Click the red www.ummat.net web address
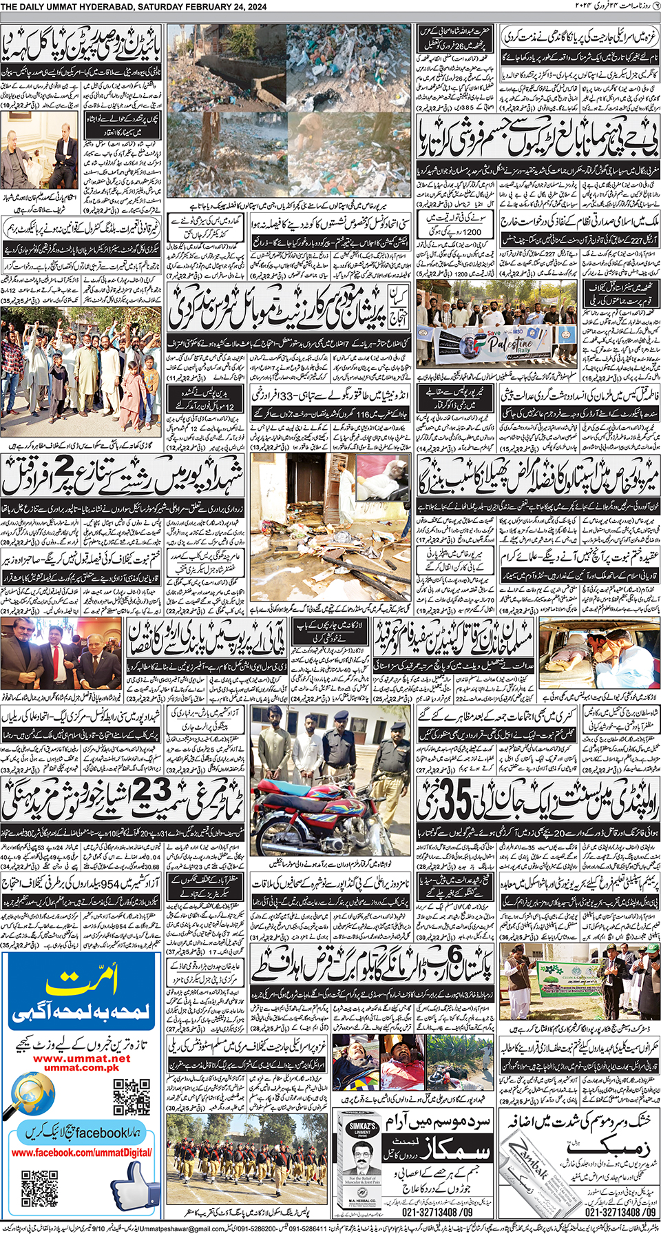click(81, 1059)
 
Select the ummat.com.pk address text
click(81, 1068)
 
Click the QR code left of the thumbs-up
click(39, 1188)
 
